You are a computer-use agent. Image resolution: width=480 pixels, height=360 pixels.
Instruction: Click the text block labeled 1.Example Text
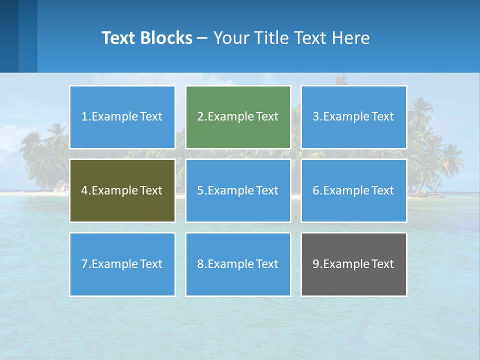tap(122, 117)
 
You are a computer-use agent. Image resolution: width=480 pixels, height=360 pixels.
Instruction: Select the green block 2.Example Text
tap(238, 117)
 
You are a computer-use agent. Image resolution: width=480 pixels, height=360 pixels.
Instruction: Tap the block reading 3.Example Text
tap(353, 117)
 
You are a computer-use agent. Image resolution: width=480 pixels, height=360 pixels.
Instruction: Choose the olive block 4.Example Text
tap(122, 190)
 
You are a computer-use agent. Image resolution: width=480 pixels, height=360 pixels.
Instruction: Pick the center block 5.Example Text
tap(238, 190)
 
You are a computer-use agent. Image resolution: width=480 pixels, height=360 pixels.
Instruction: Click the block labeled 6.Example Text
tap(353, 190)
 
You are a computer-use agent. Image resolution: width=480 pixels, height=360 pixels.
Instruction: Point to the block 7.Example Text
tap(122, 264)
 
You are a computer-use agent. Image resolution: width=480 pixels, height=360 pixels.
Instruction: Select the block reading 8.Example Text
tap(238, 264)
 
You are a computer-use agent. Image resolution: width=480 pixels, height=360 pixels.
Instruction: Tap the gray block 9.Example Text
tap(353, 264)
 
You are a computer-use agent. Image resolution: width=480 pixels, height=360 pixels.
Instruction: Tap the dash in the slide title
tap(202, 38)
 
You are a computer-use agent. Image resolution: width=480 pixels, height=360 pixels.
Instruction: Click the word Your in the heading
tap(231, 38)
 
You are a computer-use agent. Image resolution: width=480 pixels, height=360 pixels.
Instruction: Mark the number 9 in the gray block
tap(316, 264)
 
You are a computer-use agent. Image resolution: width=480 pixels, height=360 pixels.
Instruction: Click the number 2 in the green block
tap(200, 117)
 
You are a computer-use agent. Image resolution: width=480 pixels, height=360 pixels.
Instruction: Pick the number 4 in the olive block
tap(84, 190)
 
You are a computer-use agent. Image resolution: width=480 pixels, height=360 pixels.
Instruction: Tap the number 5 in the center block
tap(200, 190)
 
